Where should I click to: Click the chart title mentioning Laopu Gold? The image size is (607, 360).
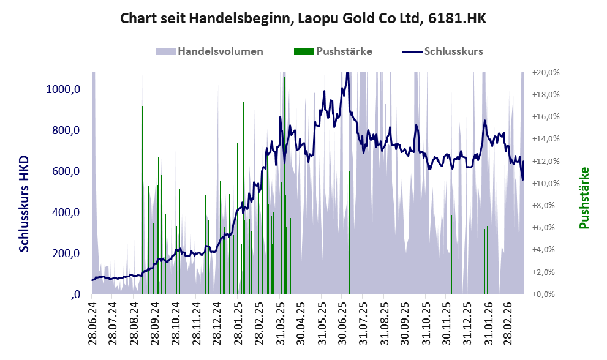point(303,18)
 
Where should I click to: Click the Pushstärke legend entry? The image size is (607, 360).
point(344,51)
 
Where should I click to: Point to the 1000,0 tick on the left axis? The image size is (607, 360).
point(64,89)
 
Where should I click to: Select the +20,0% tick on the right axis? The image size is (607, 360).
point(546,72)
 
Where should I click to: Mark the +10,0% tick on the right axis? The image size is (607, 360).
point(546,183)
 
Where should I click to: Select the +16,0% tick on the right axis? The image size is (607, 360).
point(546,116)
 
